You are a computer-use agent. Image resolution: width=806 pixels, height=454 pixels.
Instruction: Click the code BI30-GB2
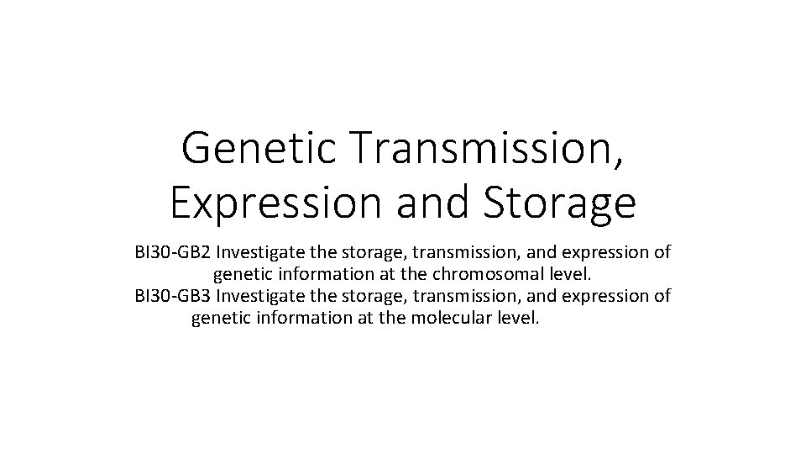pos(172,252)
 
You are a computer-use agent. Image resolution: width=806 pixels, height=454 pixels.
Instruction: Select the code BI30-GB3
pos(172,296)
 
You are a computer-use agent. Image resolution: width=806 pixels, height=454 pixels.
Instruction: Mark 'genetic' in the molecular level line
pos(220,318)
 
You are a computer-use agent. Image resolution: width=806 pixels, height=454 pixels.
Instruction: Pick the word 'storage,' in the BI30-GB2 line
pos(365,252)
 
